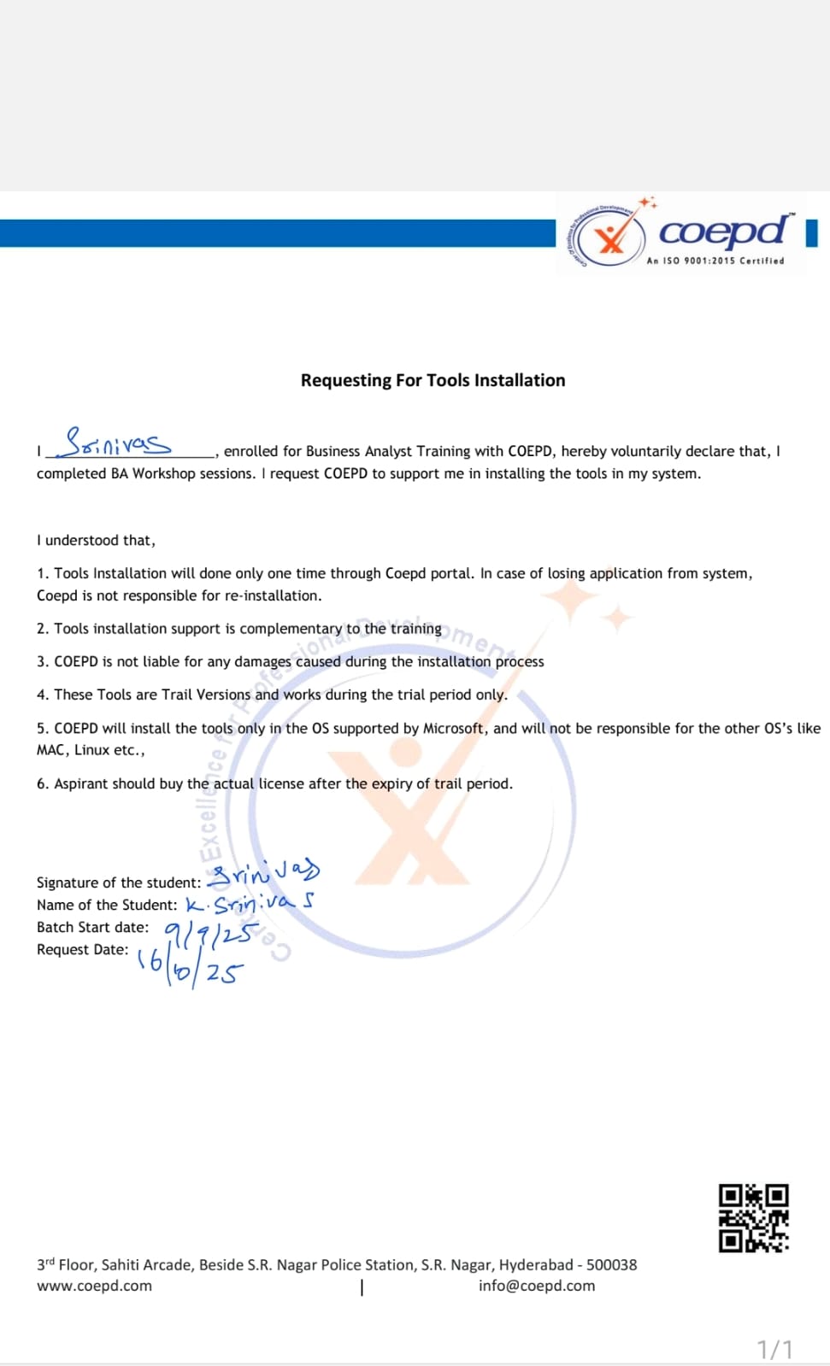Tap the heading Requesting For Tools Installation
(433, 380)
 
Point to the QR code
(753, 1218)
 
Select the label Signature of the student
(118, 882)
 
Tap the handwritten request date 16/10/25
(190, 968)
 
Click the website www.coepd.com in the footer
(94, 1286)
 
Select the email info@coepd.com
(537, 1286)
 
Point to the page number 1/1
(774, 1349)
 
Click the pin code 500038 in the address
(611, 1264)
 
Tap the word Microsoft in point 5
(454, 728)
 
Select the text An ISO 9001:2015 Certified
(715, 261)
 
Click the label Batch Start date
(92, 927)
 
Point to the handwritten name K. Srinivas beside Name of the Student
(250, 904)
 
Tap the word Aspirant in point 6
(82, 783)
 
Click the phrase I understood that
(96, 540)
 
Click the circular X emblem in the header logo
(610, 239)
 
